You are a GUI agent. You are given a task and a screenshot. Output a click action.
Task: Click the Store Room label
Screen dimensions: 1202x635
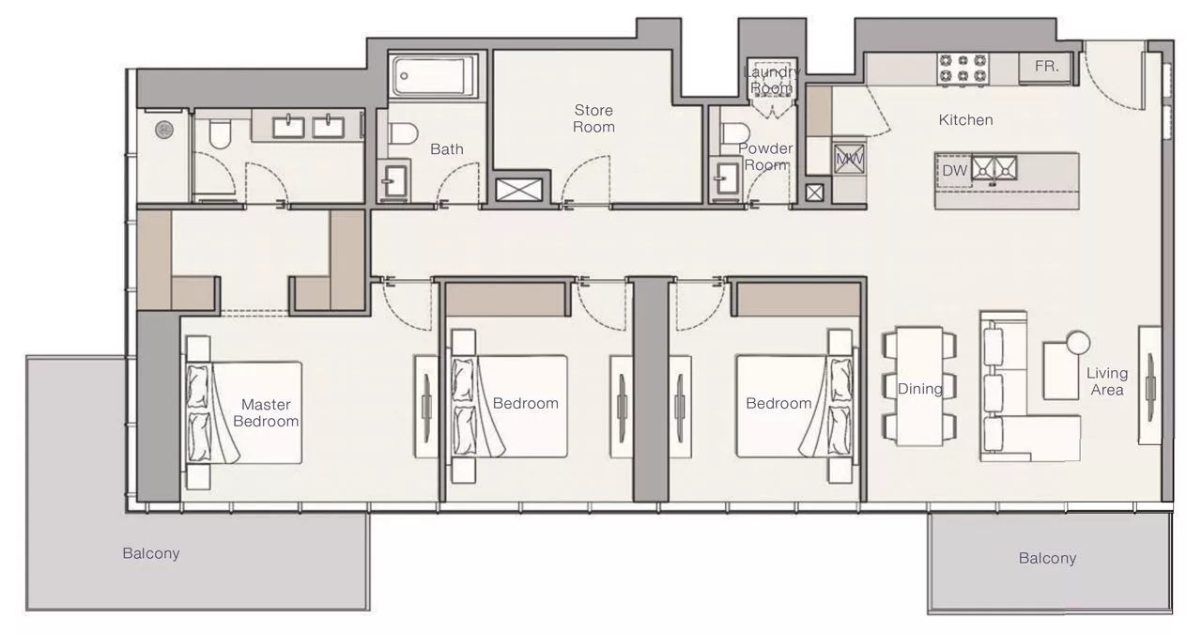pyautogui.click(x=593, y=118)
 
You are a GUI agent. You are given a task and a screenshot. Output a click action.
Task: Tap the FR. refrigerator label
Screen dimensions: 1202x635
pyautogui.click(x=1046, y=66)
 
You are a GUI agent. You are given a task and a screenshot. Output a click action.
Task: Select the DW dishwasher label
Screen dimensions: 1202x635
pyautogui.click(x=955, y=171)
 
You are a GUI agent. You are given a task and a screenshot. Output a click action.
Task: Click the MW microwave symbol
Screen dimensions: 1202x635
pyautogui.click(x=850, y=159)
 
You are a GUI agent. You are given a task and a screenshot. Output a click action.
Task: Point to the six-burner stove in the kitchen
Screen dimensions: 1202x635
pyautogui.click(x=963, y=69)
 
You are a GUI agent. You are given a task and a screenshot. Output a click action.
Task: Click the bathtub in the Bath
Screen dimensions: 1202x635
pyautogui.click(x=433, y=76)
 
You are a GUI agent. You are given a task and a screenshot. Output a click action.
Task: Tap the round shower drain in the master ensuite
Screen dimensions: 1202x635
pyautogui.click(x=164, y=130)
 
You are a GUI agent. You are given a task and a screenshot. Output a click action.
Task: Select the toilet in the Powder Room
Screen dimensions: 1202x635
pyautogui.click(x=734, y=133)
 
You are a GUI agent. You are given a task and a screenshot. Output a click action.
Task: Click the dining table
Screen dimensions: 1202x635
pyautogui.click(x=919, y=386)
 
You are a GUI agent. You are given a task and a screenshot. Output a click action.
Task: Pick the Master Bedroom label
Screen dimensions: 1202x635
pyautogui.click(x=266, y=412)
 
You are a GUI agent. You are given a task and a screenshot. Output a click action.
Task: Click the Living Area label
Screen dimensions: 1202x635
pyautogui.click(x=1107, y=381)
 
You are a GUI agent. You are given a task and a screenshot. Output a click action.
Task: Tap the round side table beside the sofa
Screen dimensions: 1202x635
pyautogui.click(x=1078, y=343)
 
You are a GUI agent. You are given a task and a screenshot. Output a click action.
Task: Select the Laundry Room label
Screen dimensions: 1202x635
pyautogui.click(x=772, y=80)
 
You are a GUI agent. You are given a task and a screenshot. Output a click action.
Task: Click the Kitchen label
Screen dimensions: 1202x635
pyautogui.click(x=965, y=119)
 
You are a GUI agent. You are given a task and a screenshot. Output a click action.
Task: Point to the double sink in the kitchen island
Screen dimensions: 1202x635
pyautogui.click(x=994, y=168)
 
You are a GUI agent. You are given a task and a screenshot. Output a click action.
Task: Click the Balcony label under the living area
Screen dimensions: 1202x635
pyautogui.click(x=1047, y=559)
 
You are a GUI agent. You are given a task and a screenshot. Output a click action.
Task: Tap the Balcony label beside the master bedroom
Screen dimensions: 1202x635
pyautogui.click(x=151, y=553)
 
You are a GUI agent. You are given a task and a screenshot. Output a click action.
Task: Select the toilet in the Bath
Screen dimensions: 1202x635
pyautogui.click(x=403, y=133)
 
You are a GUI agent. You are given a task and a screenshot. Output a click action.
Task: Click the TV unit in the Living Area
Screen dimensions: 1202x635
pyautogui.click(x=1149, y=385)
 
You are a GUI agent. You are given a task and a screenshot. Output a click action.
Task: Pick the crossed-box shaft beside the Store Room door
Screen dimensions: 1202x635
pyautogui.click(x=518, y=190)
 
